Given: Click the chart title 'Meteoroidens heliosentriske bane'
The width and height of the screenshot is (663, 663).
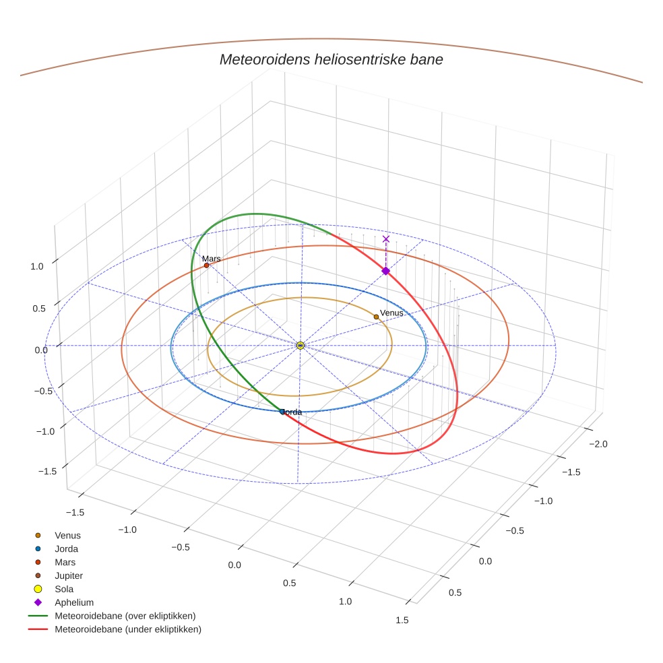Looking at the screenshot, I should click(331, 59).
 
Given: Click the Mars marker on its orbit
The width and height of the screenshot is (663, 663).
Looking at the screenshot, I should click(206, 265).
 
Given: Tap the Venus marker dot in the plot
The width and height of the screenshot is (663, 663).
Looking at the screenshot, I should click(376, 317).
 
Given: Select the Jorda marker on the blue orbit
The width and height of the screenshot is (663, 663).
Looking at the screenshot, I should click(282, 412).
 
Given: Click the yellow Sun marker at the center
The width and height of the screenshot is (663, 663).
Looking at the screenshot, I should click(300, 346).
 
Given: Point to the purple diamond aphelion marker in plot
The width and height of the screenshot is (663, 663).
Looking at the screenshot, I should click(385, 271).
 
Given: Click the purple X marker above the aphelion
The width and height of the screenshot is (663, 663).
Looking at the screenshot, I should click(385, 239).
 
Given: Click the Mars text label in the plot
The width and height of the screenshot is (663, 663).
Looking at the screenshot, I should click(211, 259).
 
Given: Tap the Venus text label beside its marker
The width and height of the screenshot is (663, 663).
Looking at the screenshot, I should click(391, 313).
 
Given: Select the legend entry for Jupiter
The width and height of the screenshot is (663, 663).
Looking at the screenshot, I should click(68, 575).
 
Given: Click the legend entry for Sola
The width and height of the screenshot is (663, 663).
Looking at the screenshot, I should click(64, 589).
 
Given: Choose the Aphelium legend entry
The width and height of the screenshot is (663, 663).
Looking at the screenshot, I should click(73, 602).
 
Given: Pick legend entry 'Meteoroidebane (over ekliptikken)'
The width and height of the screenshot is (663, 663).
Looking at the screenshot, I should click(125, 616).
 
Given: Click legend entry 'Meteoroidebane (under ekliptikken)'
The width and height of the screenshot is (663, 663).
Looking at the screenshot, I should click(127, 629).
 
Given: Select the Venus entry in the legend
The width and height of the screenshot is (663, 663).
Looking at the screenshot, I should click(67, 535).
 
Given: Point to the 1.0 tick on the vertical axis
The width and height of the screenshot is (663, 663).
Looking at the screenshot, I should click(37, 266).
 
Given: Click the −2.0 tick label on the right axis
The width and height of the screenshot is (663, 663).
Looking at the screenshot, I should click(598, 444).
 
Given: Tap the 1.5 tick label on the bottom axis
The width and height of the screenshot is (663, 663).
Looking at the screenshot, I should click(402, 620).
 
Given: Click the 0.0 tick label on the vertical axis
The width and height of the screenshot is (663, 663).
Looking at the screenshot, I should click(41, 349).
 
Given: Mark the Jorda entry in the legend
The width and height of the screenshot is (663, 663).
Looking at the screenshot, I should click(66, 548).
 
